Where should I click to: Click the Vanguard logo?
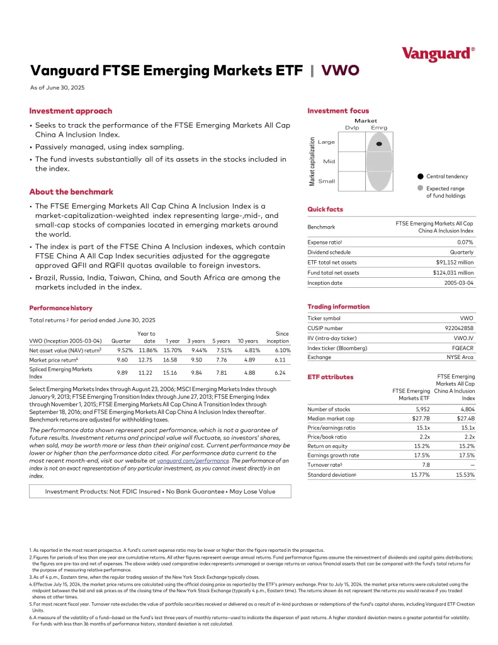click(x=438, y=54)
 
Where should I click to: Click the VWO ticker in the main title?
click(x=341, y=70)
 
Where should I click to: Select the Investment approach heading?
click(x=71, y=111)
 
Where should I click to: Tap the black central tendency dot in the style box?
click(x=379, y=144)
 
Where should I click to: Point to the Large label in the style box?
click(x=327, y=142)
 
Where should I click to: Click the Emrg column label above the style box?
click(x=379, y=128)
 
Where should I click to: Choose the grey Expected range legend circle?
click(x=420, y=188)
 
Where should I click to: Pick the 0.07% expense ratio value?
click(x=465, y=242)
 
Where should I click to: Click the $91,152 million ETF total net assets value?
click(x=455, y=263)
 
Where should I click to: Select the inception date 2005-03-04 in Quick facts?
click(x=459, y=283)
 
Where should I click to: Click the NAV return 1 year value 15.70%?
click(x=173, y=350)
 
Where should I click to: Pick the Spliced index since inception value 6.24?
click(x=283, y=373)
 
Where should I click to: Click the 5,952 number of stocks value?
click(x=419, y=409)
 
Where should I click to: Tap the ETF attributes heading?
click(x=330, y=377)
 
